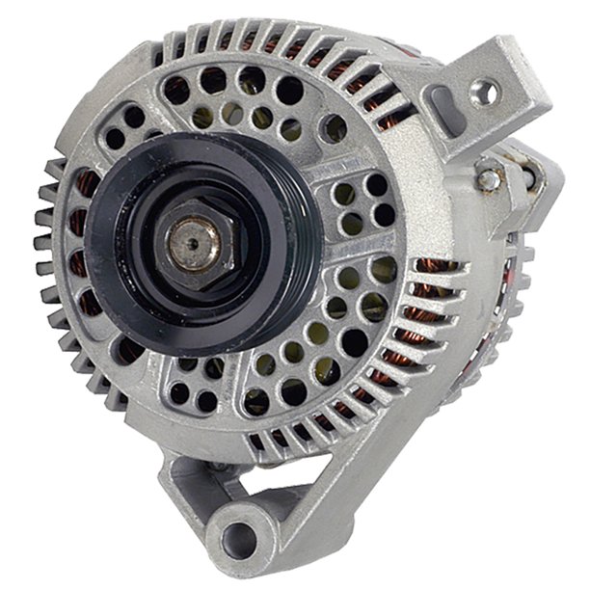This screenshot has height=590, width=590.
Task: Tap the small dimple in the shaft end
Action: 189,243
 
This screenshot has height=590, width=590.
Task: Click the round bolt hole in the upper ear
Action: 484,93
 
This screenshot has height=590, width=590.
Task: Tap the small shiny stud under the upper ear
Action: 489,177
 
